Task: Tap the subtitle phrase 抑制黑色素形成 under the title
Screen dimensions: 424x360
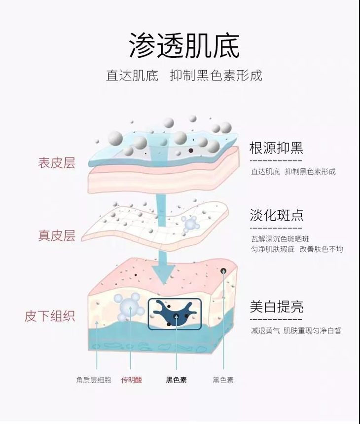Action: [216, 76]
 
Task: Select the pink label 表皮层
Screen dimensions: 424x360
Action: [57, 163]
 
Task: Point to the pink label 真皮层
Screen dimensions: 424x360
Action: [57, 235]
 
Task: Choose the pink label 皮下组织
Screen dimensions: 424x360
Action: [50, 316]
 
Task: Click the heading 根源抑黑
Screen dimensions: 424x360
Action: [276, 148]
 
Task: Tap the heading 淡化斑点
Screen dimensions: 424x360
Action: [276, 215]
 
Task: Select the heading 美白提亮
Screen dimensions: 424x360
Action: [276, 307]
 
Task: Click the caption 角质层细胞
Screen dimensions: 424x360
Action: [94, 380]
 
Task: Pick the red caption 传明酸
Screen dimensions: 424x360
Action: [132, 380]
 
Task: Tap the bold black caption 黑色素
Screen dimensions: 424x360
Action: [176, 380]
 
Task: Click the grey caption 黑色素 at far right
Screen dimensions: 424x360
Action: [223, 380]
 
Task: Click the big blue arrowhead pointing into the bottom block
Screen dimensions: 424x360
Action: [163, 270]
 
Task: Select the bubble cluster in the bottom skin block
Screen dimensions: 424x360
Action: [129, 306]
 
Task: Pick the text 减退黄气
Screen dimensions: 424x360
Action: [265, 330]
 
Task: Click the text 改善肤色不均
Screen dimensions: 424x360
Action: [321, 249]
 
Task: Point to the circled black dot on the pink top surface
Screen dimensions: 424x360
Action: [223, 270]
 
